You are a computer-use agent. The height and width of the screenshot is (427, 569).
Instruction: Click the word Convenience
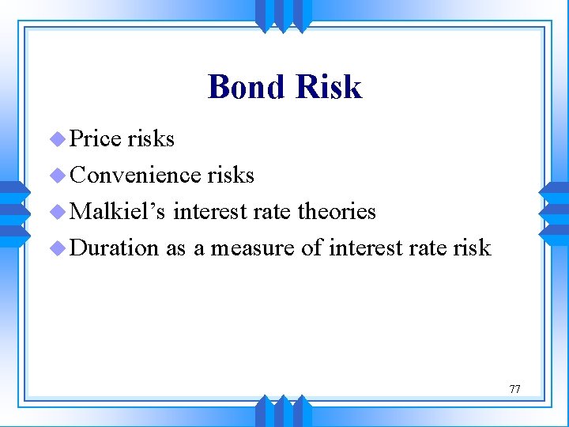click(135, 175)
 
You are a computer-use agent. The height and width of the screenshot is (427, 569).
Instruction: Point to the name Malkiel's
click(119, 211)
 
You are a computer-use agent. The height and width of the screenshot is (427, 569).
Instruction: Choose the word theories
click(339, 211)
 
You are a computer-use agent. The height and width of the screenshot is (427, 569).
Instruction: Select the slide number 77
click(514, 389)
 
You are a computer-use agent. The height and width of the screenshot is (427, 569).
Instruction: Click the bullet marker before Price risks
click(57, 139)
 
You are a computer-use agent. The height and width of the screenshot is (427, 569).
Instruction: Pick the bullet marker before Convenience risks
click(57, 176)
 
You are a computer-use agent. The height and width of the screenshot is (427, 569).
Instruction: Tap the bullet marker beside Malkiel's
click(57, 212)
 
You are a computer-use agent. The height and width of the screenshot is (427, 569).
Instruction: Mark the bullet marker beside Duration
click(57, 248)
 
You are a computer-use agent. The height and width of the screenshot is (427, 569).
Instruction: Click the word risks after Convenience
click(231, 175)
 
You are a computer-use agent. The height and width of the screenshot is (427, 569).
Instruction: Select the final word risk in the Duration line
click(473, 248)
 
